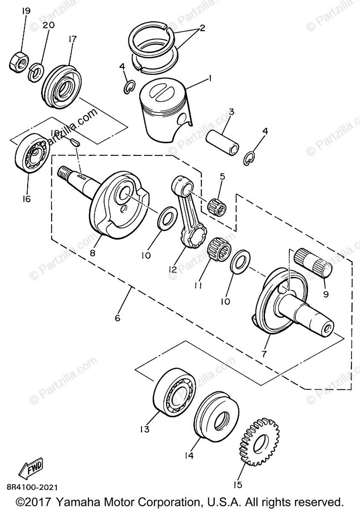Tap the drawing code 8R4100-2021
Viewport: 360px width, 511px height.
[32, 487]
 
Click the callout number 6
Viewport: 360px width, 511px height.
[118, 318]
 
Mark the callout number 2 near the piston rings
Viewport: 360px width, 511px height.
[202, 29]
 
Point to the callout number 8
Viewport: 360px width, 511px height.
[93, 252]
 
